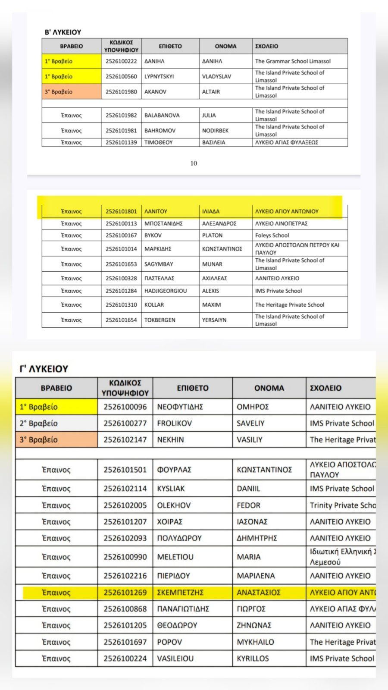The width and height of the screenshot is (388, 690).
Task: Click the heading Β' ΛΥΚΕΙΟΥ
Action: (63, 32)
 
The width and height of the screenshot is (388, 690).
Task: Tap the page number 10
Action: (194, 163)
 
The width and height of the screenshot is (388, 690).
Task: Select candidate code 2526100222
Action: (121, 61)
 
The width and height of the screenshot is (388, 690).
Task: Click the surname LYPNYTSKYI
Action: (159, 76)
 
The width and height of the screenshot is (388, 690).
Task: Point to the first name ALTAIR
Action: (211, 92)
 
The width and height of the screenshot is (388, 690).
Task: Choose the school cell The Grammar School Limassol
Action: (293, 61)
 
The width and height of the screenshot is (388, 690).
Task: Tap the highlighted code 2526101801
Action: (121, 211)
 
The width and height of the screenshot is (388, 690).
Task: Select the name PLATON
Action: (212, 235)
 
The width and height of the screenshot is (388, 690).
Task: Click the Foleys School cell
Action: (272, 235)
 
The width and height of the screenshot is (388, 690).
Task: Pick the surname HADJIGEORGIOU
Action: (166, 291)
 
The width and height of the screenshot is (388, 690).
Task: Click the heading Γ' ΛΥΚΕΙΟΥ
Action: (44, 369)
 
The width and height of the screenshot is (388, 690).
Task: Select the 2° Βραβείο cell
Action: (38, 423)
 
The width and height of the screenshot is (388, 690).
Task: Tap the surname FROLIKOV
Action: (174, 423)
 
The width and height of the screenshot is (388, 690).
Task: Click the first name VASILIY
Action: (250, 440)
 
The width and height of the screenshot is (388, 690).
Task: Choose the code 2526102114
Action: (125, 489)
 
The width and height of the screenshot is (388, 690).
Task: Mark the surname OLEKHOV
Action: (174, 505)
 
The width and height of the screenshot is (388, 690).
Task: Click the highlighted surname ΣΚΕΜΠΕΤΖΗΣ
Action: (180, 593)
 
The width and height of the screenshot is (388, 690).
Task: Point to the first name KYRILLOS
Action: (253, 659)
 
